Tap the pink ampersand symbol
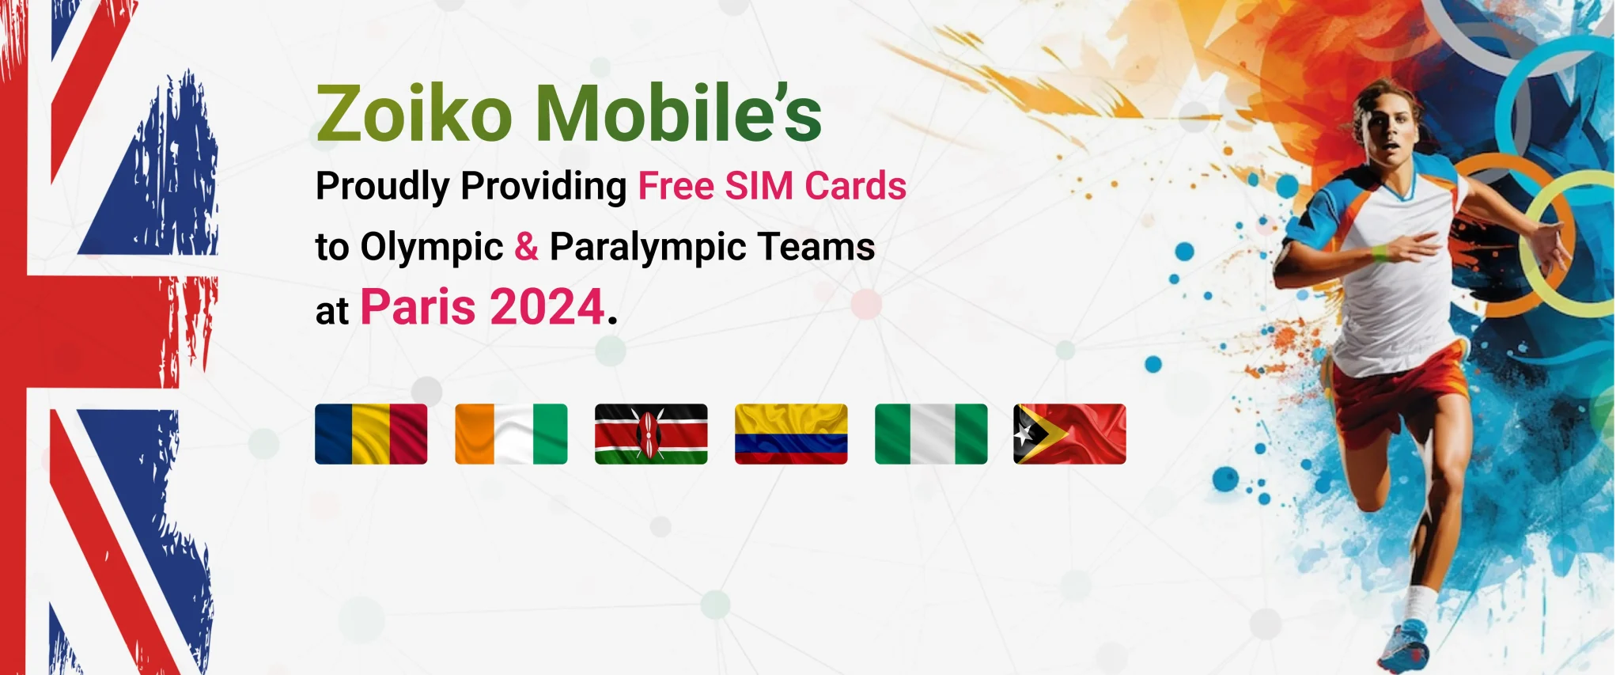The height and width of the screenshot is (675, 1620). (x=527, y=246)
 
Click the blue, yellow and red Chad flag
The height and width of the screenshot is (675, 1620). (x=371, y=434)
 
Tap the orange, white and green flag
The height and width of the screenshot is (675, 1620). (x=511, y=434)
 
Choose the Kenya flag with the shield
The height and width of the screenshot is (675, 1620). (x=651, y=434)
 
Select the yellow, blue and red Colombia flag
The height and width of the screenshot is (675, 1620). (x=791, y=434)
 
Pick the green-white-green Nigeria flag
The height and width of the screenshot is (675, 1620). (x=931, y=434)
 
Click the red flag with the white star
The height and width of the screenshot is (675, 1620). (x=1069, y=434)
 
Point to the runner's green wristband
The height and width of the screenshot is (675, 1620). (x=1380, y=254)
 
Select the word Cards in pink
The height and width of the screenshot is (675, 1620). (x=856, y=187)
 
